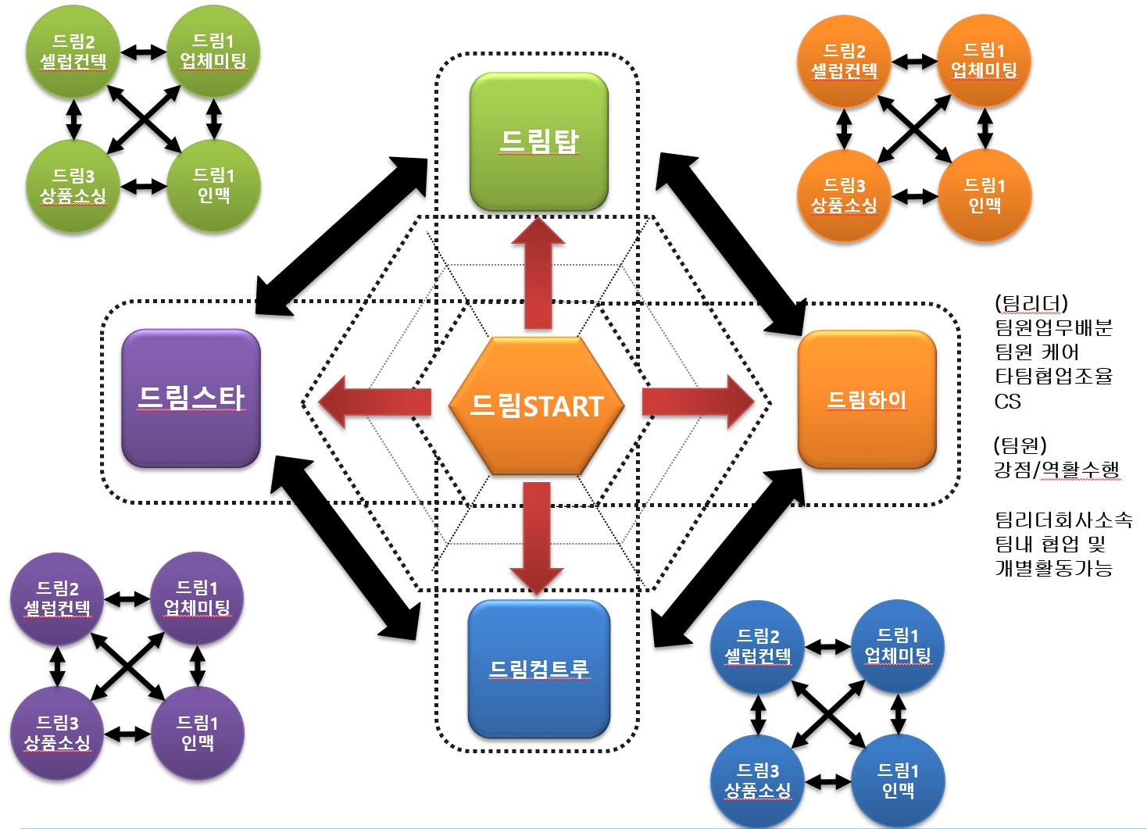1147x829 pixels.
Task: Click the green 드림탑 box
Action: (x=538, y=141)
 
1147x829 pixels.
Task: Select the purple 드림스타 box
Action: (x=191, y=398)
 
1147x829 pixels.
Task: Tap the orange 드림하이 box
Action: (x=867, y=399)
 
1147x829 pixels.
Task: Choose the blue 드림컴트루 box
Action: (x=538, y=669)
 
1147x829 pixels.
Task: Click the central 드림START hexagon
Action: (x=537, y=406)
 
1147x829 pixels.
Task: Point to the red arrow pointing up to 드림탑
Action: (x=538, y=273)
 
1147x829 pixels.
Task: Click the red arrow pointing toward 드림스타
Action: (x=375, y=402)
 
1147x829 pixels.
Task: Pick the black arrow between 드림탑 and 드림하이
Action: (x=731, y=243)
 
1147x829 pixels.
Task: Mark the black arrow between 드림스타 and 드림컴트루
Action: (x=345, y=547)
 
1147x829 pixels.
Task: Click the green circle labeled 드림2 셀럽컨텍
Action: (x=73, y=52)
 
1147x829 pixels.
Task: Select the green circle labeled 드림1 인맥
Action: (x=213, y=186)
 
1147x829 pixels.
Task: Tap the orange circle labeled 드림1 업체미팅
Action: (x=984, y=61)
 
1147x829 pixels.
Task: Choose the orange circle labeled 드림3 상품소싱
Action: (x=844, y=196)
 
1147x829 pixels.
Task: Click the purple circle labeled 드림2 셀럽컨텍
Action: (x=57, y=599)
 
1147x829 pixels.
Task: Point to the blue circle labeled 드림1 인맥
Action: (x=898, y=781)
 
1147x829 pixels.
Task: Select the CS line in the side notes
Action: (x=1008, y=402)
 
